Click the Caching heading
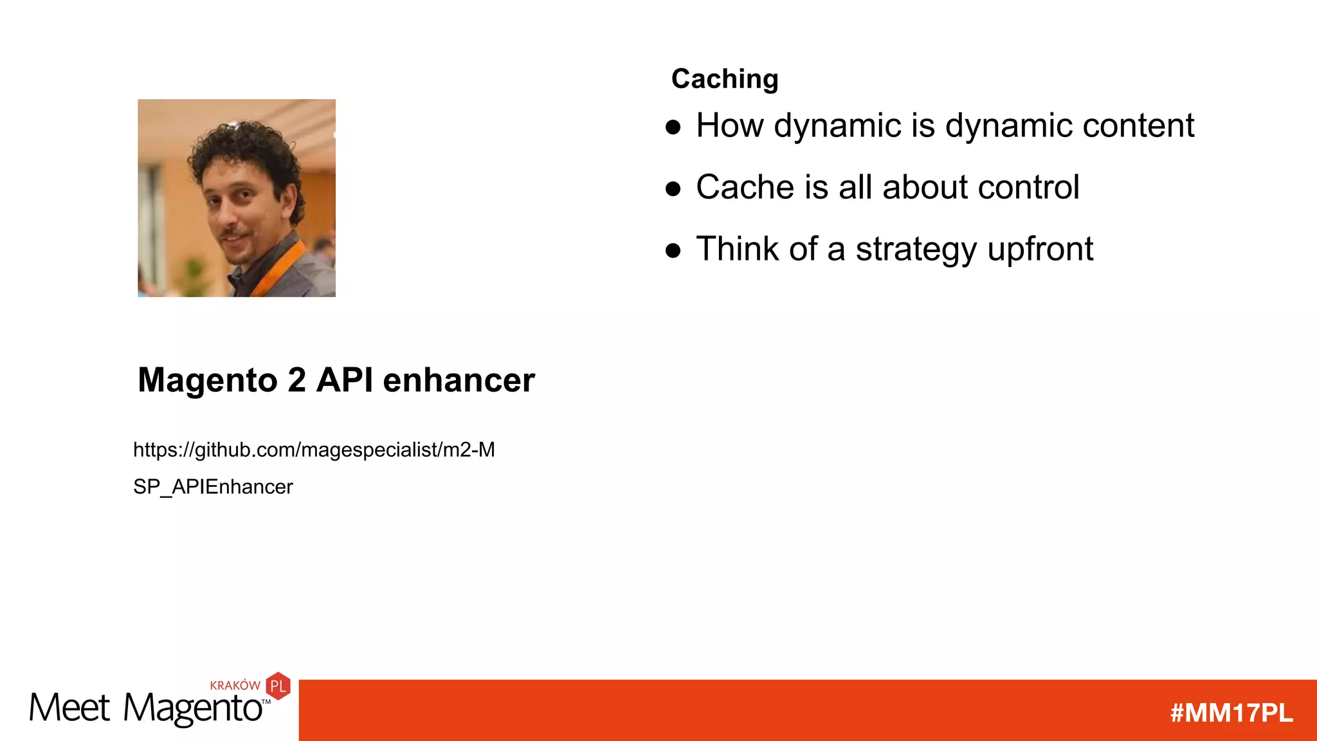[x=725, y=79]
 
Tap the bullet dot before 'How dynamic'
[x=673, y=127]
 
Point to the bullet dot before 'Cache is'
[x=673, y=188]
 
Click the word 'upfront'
[x=1040, y=250]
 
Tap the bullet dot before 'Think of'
[x=673, y=250]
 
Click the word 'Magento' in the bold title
[x=207, y=380]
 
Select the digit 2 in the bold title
[x=296, y=380]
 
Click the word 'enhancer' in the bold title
[x=459, y=380]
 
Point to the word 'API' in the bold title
[x=345, y=380]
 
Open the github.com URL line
[x=314, y=450]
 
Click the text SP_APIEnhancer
[x=213, y=487]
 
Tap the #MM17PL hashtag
[x=1231, y=713]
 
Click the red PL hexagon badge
[x=278, y=686]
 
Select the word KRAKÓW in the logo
[x=235, y=686]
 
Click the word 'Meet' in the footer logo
[x=69, y=708]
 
